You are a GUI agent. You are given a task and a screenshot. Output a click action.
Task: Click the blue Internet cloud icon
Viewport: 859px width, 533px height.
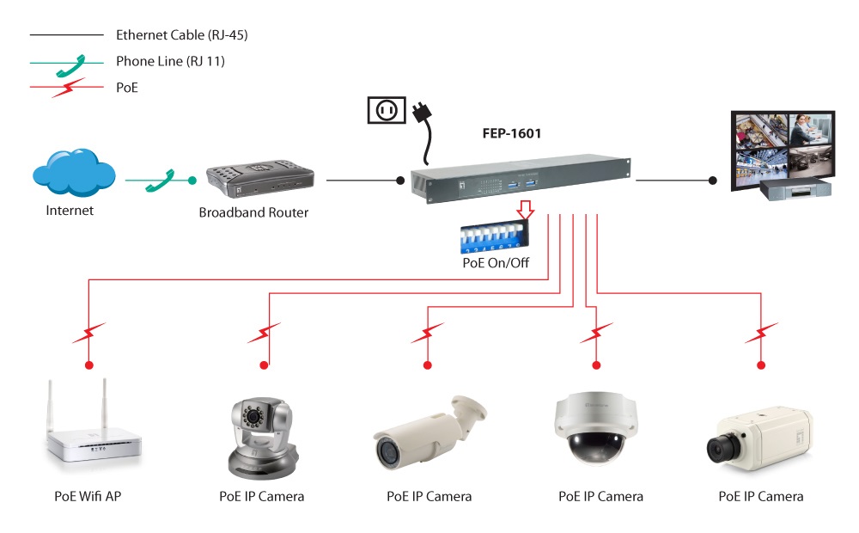[x=73, y=175]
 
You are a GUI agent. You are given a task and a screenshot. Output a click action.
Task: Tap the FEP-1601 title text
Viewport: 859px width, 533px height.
[x=511, y=133]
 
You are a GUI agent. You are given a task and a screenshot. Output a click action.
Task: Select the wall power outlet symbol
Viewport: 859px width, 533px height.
[x=386, y=110]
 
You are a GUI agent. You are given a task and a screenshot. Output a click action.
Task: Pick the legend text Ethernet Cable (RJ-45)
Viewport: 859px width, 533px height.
[x=182, y=35]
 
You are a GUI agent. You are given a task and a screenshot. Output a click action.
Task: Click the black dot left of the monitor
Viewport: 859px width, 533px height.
[x=712, y=181]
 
